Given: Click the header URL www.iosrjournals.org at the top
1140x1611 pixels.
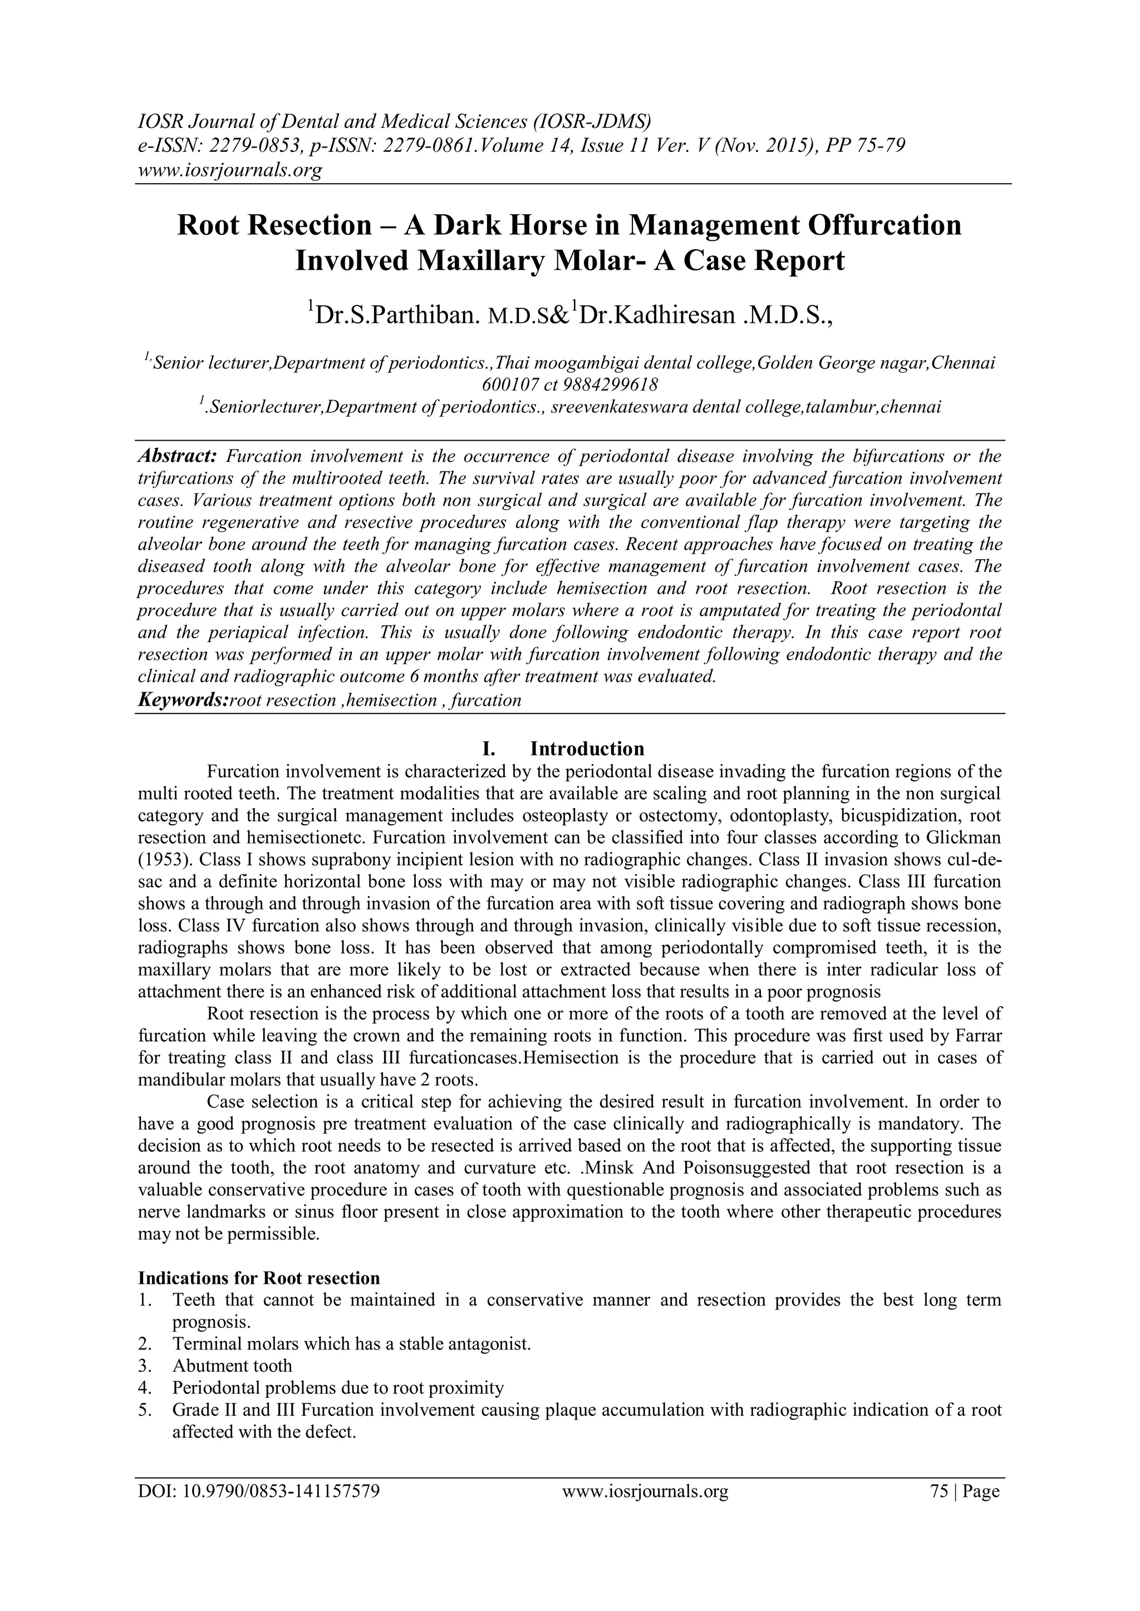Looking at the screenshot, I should pyautogui.click(x=229, y=170).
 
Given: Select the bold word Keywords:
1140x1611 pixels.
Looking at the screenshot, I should pyautogui.click(x=184, y=699).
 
